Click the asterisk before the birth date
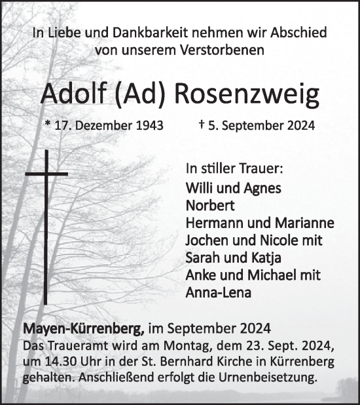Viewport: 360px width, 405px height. point(48,124)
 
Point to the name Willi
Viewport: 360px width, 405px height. point(198,187)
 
